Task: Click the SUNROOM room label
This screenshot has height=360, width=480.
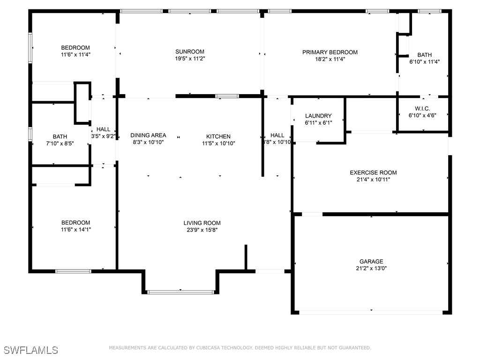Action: pos(190,52)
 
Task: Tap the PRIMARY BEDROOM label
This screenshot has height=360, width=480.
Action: pos(330,52)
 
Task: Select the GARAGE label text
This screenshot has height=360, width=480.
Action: pos(371,262)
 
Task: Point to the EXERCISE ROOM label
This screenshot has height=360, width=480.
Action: pos(373,172)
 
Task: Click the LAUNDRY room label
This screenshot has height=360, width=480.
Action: pos(318,116)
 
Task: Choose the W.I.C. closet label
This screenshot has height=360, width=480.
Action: pos(422,109)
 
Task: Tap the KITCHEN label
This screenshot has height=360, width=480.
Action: pos(218,136)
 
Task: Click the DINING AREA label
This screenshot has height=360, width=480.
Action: pos(148,135)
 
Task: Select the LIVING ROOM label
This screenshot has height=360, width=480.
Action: pos(202,223)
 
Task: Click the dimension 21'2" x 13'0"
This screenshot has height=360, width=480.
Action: pos(371,269)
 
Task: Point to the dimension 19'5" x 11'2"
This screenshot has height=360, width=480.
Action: pos(190,59)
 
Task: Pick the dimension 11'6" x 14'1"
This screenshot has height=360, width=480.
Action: pos(75,230)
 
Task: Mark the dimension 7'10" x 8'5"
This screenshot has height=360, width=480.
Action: pos(60,143)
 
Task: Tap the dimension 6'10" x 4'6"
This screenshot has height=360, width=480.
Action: pos(422,116)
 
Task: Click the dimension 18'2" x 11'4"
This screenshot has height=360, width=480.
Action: pos(330,60)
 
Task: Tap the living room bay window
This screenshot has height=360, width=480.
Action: pos(180,292)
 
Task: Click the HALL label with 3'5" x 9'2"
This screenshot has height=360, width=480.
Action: pos(103,129)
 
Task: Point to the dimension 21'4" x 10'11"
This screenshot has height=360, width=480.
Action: pos(373,180)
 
